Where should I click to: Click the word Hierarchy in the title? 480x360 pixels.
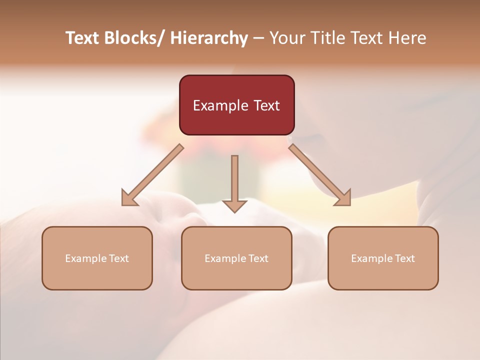click(209, 38)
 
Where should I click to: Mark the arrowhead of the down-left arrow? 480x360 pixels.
click(129, 198)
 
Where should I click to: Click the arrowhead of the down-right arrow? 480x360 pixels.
click(343, 198)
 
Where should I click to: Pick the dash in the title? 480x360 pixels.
click(258, 38)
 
